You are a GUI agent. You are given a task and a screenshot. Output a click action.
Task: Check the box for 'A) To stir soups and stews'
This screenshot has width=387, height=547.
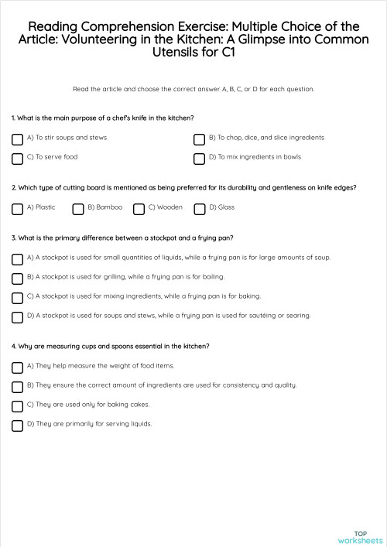[x=17, y=140]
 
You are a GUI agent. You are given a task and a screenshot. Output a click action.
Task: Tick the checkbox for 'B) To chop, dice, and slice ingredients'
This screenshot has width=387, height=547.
[x=199, y=140]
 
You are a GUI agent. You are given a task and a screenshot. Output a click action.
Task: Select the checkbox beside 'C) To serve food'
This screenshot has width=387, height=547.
[x=17, y=159]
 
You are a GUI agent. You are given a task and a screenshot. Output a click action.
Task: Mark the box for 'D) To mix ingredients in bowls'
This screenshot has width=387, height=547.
[x=199, y=159]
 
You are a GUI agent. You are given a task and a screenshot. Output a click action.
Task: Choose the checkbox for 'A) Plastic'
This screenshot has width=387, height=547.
[x=17, y=209]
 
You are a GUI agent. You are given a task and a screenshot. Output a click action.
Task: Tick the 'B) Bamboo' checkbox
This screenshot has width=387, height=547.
[x=78, y=209]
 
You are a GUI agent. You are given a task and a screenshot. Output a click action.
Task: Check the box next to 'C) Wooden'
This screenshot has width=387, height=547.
[x=139, y=209]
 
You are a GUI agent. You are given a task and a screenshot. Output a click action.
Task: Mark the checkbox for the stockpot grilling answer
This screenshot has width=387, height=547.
[x=17, y=279]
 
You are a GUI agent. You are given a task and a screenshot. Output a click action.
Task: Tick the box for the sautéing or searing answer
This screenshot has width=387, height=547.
[x=17, y=317]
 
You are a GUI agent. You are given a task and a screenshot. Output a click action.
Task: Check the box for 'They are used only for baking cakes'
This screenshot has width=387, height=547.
[x=17, y=406]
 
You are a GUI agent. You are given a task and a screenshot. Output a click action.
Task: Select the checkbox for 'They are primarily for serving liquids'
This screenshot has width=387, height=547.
[x=17, y=426]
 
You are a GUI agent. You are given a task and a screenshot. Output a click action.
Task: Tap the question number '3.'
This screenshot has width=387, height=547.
[x=14, y=238]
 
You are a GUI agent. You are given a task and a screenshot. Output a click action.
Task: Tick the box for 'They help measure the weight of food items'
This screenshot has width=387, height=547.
[x=17, y=368]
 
